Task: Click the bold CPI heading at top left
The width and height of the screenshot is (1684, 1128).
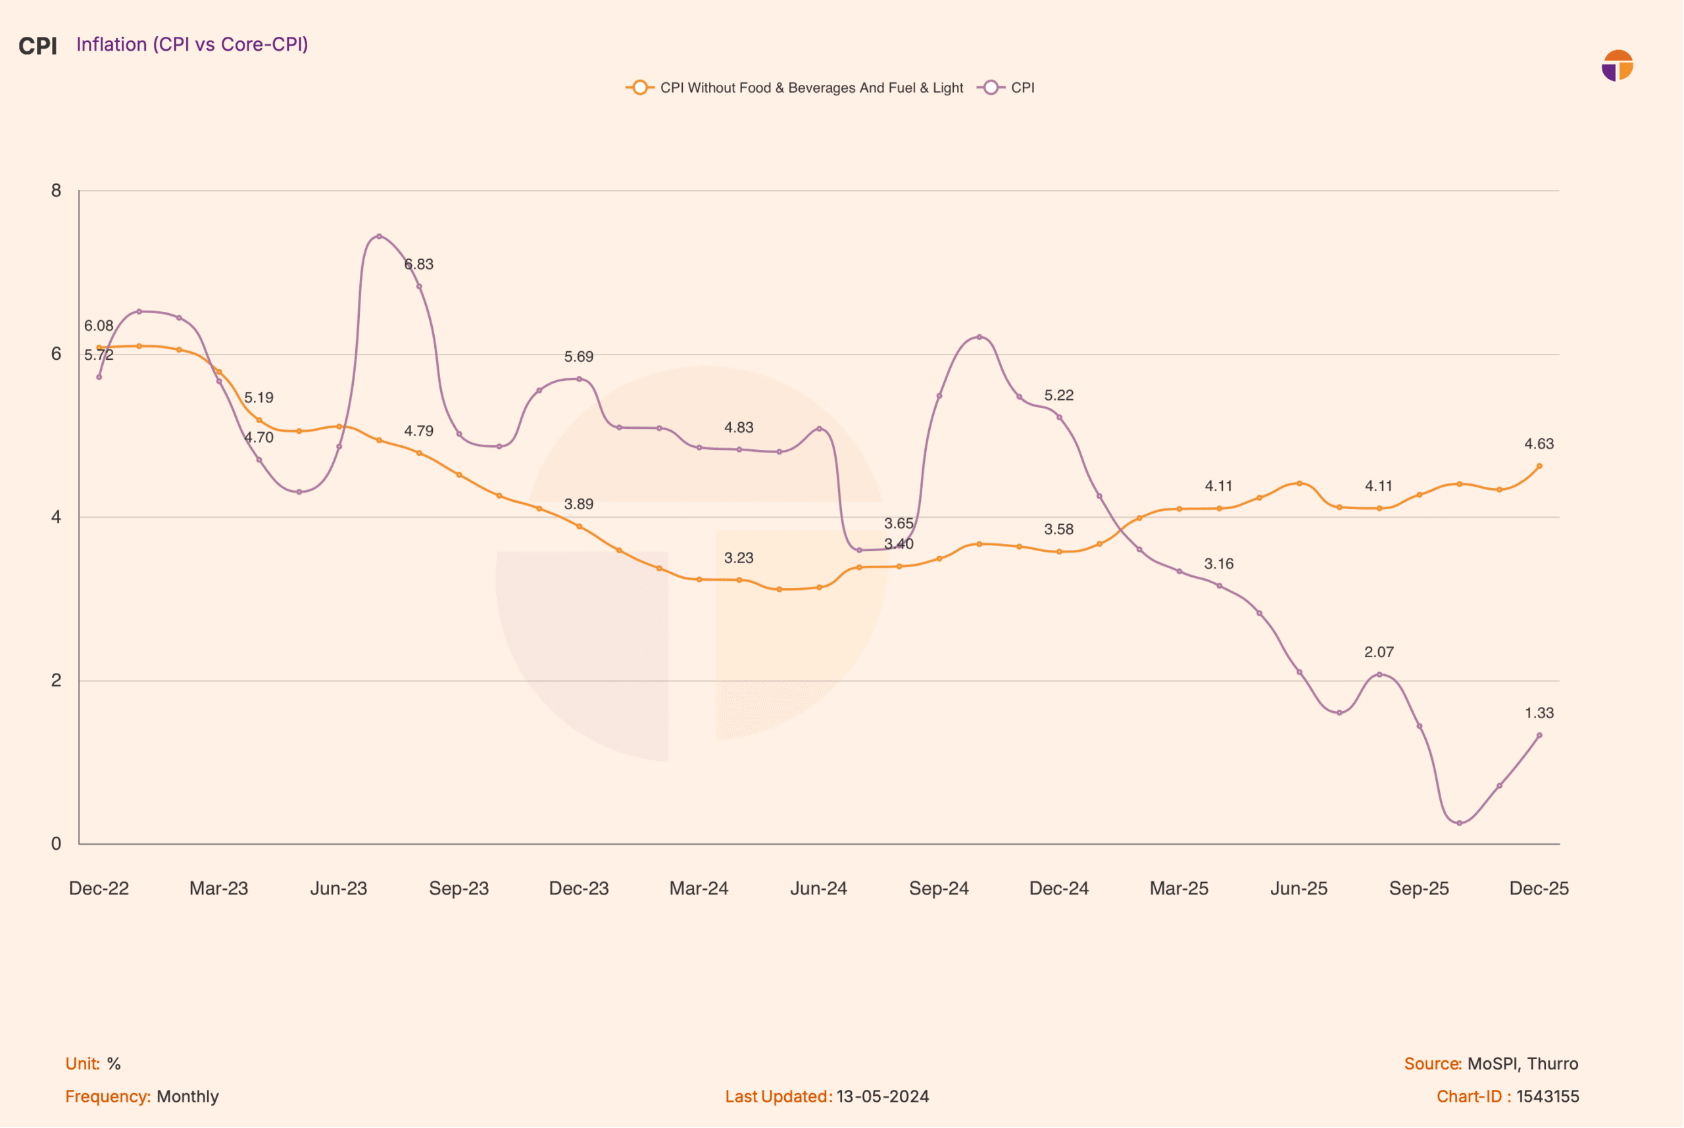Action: (x=37, y=46)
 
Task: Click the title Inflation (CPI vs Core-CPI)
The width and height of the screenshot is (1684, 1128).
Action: (x=192, y=45)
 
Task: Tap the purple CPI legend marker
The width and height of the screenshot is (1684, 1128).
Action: (x=991, y=87)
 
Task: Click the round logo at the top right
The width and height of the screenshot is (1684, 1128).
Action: (x=1618, y=66)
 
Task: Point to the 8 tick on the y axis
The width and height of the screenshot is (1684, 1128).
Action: (x=56, y=191)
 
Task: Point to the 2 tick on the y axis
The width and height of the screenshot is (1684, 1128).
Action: (x=56, y=681)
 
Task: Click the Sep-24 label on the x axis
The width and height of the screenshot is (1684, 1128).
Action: (x=939, y=889)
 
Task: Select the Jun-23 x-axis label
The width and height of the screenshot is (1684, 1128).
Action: (x=339, y=889)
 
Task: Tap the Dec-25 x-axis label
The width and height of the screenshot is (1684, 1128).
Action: (x=1539, y=889)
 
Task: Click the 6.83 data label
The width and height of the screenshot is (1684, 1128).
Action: (x=418, y=264)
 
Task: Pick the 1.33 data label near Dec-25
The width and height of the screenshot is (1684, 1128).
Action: (x=1539, y=714)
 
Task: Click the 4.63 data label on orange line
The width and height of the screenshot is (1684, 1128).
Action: (x=1539, y=445)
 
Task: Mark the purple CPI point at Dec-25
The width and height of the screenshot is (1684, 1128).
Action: (x=1540, y=736)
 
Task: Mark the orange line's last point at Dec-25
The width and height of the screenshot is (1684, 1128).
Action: (x=1540, y=467)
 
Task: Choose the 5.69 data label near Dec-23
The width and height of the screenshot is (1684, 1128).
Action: (x=579, y=356)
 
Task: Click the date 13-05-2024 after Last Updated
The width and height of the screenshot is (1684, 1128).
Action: (x=883, y=1097)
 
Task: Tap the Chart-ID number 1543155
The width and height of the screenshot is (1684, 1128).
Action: (x=1548, y=1097)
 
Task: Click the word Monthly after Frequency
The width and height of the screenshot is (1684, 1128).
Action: (x=187, y=1097)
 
